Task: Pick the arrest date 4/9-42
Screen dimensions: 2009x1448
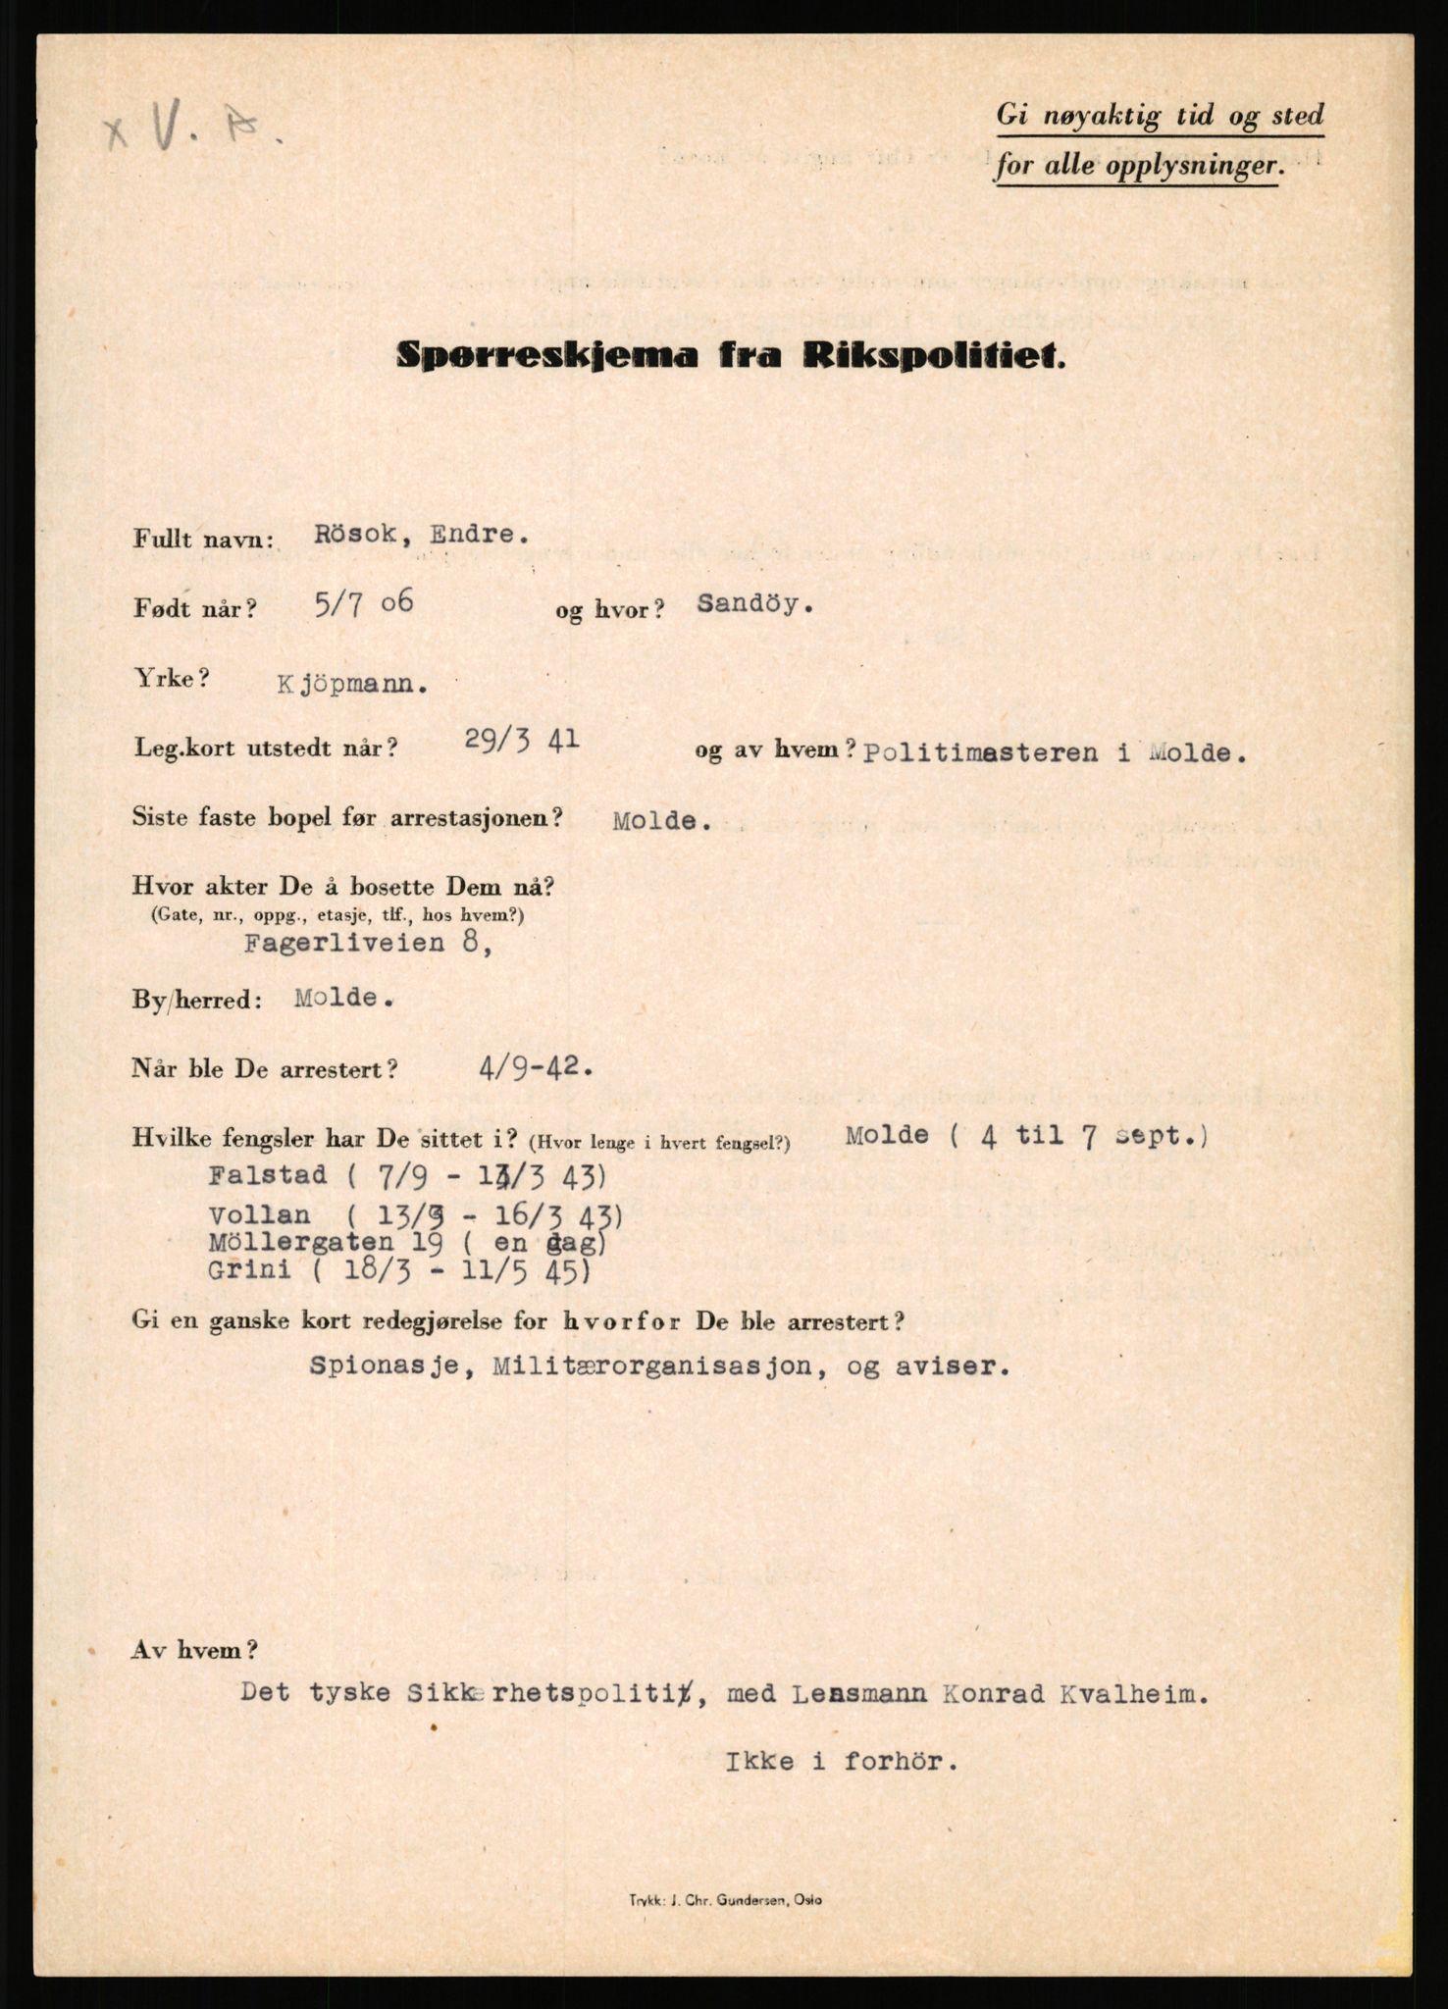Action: coord(536,1067)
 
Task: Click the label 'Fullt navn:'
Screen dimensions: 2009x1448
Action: coord(204,539)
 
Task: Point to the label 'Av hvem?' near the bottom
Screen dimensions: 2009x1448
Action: coord(194,1650)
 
